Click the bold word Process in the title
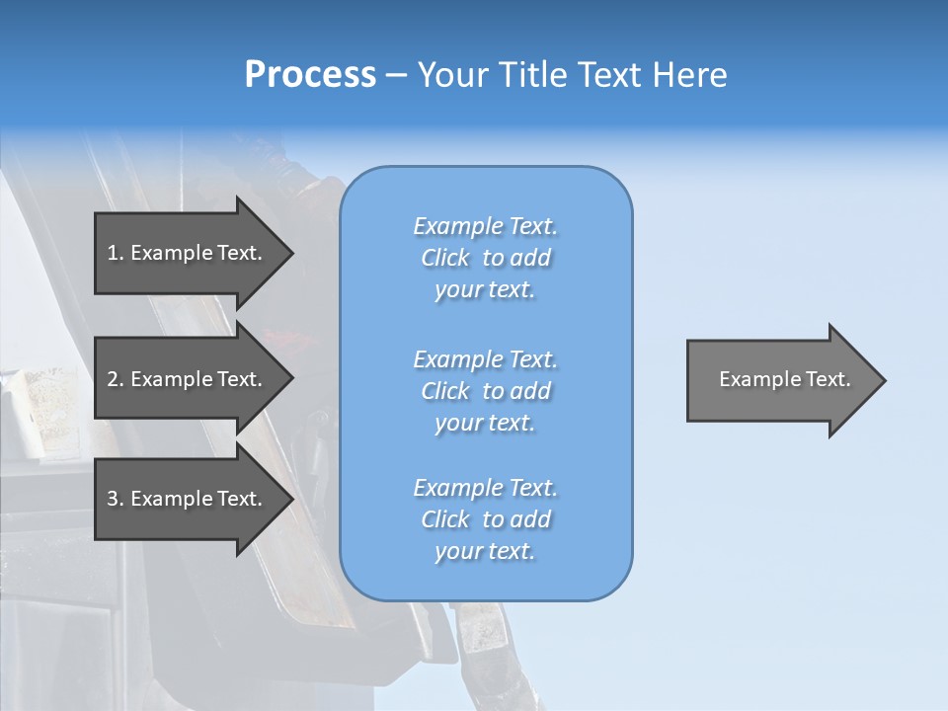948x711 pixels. [x=310, y=75]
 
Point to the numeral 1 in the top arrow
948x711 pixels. [x=113, y=253]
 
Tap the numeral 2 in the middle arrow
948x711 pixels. [x=113, y=379]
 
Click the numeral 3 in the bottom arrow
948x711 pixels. [x=113, y=499]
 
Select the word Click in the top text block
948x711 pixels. [x=445, y=258]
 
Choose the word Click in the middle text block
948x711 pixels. [x=445, y=391]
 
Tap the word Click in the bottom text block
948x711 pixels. [x=445, y=519]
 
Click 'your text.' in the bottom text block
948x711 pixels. [x=485, y=551]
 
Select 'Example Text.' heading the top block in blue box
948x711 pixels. [x=485, y=226]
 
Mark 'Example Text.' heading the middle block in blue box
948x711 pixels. [x=485, y=359]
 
